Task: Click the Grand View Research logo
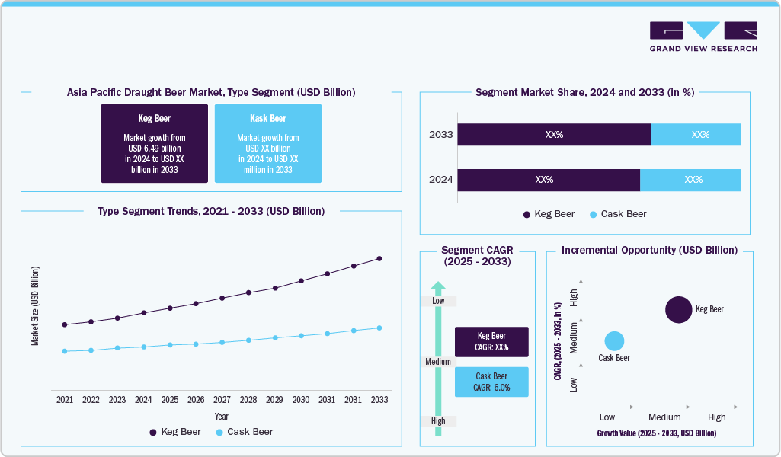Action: [x=703, y=37]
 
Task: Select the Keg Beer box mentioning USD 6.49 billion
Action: [x=154, y=143]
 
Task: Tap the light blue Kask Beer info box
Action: [x=267, y=143]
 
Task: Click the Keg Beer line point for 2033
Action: [x=379, y=259]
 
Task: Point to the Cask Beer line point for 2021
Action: [x=65, y=351]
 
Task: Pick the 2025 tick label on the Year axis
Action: [x=170, y=399]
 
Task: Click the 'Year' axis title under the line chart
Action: [x=221, y=417]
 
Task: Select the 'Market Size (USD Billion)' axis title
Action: [x=35, y=306]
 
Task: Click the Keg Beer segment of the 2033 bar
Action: [x=554, y=135]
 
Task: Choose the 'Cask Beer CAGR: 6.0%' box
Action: [x=491, y=382]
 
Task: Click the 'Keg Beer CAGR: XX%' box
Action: [x=491, y=342]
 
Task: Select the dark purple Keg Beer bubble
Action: [x=680, y=309]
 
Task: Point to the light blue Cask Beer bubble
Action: [x=614, y=341]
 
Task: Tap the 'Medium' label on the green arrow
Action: [x=438, y=362]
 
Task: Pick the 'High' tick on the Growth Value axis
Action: [x=716, y=417]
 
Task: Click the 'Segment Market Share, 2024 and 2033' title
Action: [x=584, y=92]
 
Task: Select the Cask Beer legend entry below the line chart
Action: [x=245, y=432]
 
